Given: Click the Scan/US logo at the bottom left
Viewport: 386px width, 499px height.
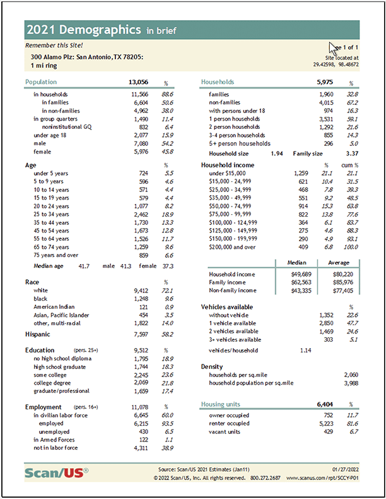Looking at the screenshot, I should (57, 473).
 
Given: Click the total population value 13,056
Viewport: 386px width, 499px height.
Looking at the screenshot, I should (138, 82).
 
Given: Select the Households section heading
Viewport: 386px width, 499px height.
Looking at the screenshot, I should (217, 82).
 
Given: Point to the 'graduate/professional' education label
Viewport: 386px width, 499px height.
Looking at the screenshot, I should (61, 391).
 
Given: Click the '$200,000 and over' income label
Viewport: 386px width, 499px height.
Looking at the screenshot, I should (233, 247).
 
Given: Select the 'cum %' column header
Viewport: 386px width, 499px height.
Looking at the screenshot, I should (347, 164).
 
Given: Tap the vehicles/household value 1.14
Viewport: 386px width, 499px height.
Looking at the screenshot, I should (306, 349).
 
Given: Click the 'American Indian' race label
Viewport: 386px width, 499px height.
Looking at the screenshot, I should (56, 306).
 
